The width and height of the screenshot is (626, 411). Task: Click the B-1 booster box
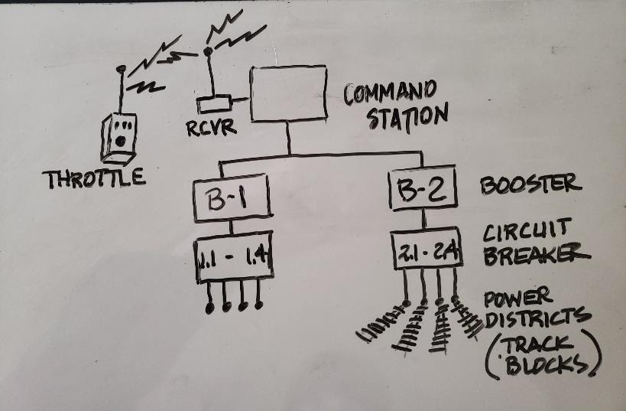point(232,201)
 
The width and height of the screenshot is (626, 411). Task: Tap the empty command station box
point(287,93)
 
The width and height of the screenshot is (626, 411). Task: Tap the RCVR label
point(211,127)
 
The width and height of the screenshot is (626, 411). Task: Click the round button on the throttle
point(120,142)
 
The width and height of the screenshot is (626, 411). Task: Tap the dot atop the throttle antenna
point(119,69)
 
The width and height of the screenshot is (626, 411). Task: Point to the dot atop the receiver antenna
point(206,52)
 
